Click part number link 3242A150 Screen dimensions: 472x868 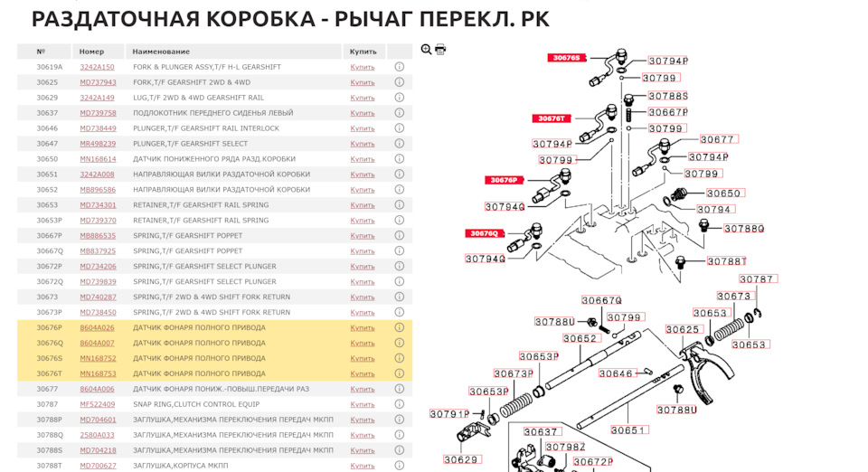coord(97,67)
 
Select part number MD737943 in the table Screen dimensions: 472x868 coord(98,82)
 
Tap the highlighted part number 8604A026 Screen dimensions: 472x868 coord(97,327)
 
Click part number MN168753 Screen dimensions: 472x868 coord(98,373)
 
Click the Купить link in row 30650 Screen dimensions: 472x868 coord(362,159)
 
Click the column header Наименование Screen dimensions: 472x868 coord(161,52)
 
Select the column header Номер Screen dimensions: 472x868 coord(91,52)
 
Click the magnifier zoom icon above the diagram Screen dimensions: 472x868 coord(427,50)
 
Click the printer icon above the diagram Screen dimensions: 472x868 coord(440,50)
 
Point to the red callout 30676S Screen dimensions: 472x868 coord(567,58)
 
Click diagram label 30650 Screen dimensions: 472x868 coord(723,194)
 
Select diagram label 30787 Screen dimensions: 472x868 coord(757,279)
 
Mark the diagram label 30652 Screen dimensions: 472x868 coord(580,339)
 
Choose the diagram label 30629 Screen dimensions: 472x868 coord(460,459)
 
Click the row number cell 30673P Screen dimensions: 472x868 coord(50,312)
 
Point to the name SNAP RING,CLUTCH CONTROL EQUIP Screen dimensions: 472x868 coord(195,404)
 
